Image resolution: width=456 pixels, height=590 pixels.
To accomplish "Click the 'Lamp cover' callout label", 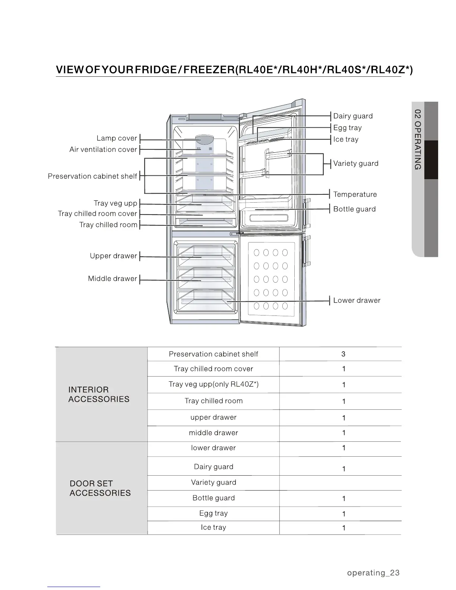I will point(117,138).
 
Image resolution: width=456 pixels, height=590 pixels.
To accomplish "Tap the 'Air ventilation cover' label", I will point(103,150).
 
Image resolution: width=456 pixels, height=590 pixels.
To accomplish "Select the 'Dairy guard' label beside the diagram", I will point(353,116).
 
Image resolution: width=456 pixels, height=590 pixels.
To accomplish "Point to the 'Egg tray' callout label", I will point(347,128).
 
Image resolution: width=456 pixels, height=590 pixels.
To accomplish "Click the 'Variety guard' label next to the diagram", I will point(356,164).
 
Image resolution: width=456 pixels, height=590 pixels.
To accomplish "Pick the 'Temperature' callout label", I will point(355,194).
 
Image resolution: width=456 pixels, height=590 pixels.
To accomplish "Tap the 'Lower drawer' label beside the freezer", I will point(357,301).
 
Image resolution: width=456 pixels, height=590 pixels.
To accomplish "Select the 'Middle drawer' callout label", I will point(113,279).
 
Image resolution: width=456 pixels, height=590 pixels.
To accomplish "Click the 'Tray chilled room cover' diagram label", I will point(98,214).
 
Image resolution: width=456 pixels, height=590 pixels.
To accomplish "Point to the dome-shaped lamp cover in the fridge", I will point(205,139).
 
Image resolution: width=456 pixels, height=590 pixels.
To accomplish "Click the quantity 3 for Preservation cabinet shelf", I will point(343,354).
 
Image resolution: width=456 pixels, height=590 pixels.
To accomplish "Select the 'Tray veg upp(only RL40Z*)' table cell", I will point(213,384).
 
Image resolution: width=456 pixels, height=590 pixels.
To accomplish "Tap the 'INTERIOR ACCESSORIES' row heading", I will point(99,394).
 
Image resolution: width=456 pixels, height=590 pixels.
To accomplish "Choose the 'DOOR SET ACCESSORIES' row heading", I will point(100,488).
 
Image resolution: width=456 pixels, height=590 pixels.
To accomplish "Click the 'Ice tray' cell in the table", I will point(213,527).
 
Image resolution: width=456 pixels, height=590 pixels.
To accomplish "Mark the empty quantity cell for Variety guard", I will point(340,483).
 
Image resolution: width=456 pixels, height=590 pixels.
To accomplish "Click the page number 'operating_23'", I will point(373,573).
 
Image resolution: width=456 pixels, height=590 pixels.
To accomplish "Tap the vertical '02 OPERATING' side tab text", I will point(418,140).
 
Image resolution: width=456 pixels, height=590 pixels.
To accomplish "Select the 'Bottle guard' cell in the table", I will point(213,498).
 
